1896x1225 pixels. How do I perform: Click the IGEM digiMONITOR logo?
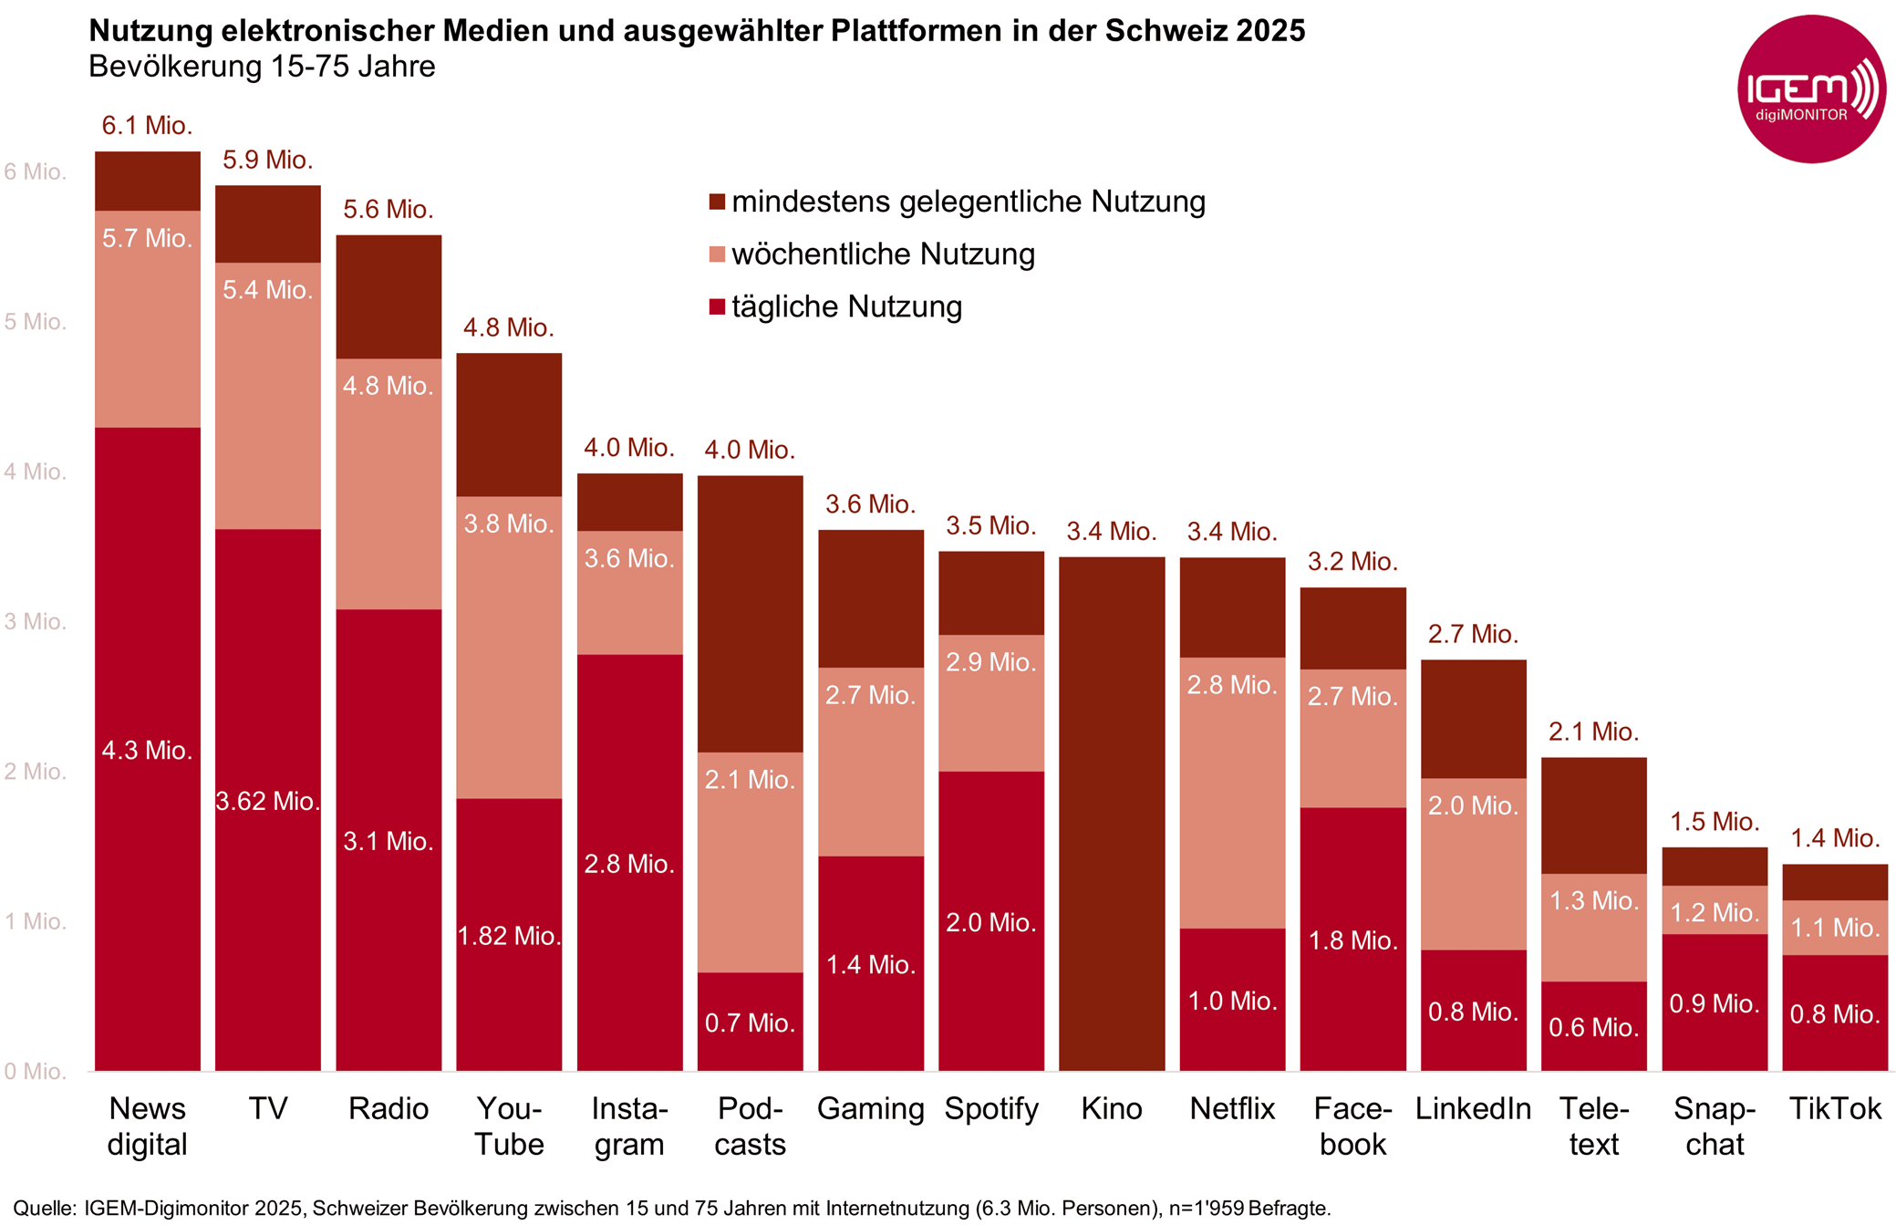click(x=1810, y=89)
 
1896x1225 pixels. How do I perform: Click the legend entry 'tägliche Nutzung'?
click(x=846, y=306)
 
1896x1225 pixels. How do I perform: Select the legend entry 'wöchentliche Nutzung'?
click(x=883, y=254)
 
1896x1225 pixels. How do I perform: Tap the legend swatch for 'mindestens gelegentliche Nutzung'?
click(x=717, y=202)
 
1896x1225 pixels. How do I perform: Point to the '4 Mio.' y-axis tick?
click(x=35, y=472)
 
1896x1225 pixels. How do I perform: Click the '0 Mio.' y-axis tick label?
click(x=35, y=1072)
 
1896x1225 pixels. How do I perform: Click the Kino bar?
click(x=1111, y=812)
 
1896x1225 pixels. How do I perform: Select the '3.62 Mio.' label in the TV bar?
click(x=267, y=801)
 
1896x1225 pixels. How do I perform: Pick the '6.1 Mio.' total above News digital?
click(x=147, y=125)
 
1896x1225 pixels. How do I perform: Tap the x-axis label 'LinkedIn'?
click(x=1472, y=1108)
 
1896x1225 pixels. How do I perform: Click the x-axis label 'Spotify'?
click(x=990, y=1108)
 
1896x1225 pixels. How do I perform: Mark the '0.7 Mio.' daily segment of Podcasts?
click(x=750, y=1023)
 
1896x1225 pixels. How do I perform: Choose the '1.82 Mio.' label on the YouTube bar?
click(x=508, y=936)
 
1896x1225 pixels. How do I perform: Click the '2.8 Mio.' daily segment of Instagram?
click(x=629, y=864)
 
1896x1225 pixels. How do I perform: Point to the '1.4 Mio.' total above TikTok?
click(x=1834, y=837)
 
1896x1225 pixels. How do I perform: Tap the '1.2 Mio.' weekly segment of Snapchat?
click(x=1714, y=912)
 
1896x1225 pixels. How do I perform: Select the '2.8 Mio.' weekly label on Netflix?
click(x=1231, y=685)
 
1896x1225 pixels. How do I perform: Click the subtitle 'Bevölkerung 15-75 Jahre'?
click(x=262, y=67)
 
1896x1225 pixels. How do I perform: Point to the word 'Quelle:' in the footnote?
click(x=44, y=1209)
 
